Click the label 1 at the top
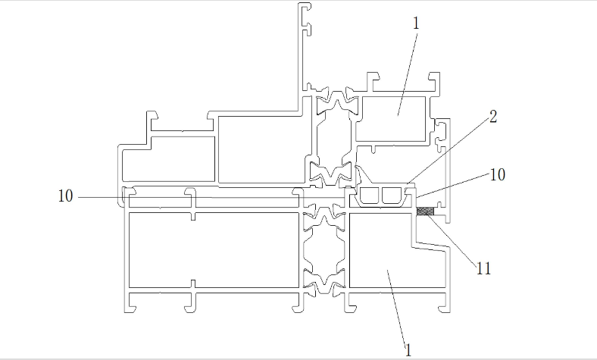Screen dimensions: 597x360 click(x=416, y=23)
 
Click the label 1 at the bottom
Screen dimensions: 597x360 click(x=408, y=350)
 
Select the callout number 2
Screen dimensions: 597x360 click(x=493, y=117)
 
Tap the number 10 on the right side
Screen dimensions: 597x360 click(x=498, y=175)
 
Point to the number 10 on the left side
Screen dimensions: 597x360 click(x=65, y=196)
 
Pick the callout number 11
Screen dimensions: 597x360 click(x=483, y=269)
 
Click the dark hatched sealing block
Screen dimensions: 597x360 click(x=426, y=211)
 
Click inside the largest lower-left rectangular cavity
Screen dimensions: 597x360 click(x=214, y=250)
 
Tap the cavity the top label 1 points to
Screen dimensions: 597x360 click(x=393, y=118)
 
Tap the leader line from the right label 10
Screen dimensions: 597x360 click(x=454, y=186)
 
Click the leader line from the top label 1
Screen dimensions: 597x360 click(x=408, y=74)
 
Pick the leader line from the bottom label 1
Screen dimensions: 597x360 click(x=397, y=307)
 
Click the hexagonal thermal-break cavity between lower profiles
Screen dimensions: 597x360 click(x=324, y=249)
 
